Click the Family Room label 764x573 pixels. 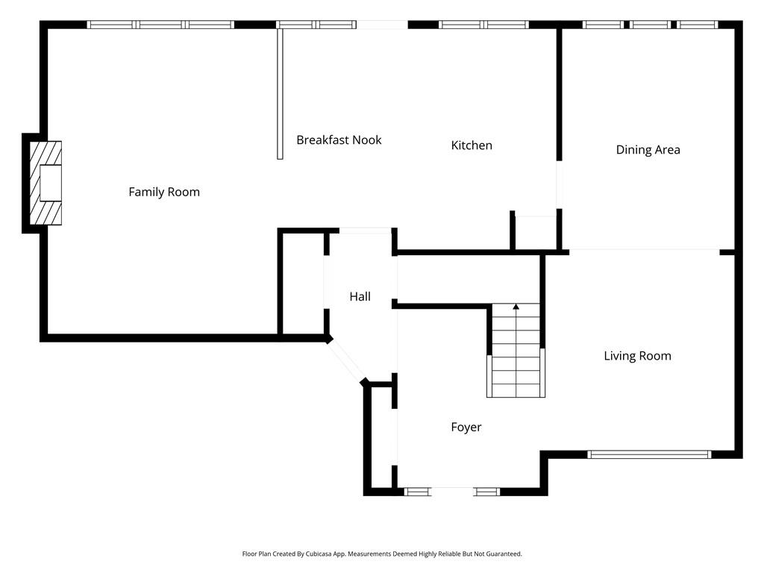pyautogui.click(x=164, y=192)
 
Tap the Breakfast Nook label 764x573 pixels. pyautogui.click(x=339, y=140)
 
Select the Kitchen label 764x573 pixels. pyautogui.click(x=472, y=145)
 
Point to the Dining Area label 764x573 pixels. pyautogui.click(x=648, y=149)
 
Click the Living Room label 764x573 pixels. pyautogui.click(x=637, y=356)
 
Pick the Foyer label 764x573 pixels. pyautogui.click(x=466, y=428)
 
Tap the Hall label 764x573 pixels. pyautogui.click(x=360, y=296)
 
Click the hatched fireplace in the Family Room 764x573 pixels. pyautogui.click(x=46, y=183)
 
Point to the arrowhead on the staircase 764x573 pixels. pyautogui.click(x=516, y=307)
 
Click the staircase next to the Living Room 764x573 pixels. pyautogui.click(x=516, y=350)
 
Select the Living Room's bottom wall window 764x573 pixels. pyautogui.click(x=649, y=454)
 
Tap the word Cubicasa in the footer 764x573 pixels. pyautogui.click(x=319, y=554)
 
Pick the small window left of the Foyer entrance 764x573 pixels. pyautogui.click(x=417, y=492)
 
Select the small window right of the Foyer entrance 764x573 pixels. pyautogui.click(x=486, y=492)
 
